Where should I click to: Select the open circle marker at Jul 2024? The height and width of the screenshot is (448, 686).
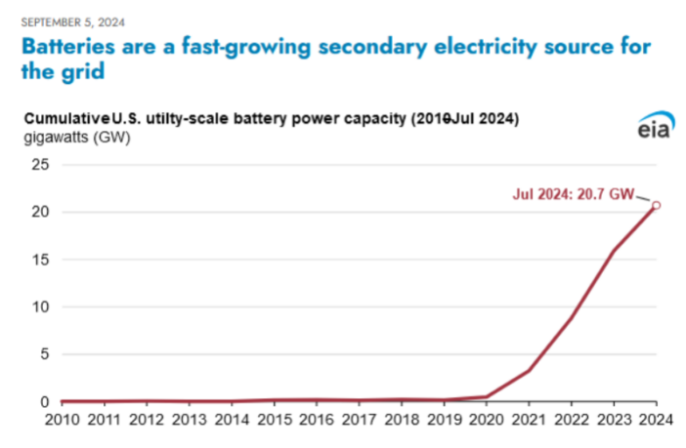click(x=657, y=205)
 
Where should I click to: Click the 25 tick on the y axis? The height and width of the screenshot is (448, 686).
click(x=40, y=165)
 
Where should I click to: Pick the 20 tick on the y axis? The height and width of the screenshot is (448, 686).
click(x=40, y=212)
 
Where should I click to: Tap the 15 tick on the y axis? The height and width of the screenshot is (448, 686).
click(x=40, y=260)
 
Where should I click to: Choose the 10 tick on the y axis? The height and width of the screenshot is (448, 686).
click(x=40, y=306)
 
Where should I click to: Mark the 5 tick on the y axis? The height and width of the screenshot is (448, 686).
click(x=44, y=354)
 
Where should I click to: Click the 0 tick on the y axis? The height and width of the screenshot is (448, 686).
click(x=44, y=401)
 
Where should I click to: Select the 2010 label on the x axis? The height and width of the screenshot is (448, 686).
click(x=61, y=422)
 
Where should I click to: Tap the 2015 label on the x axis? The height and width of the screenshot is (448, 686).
click(x=274, y=422)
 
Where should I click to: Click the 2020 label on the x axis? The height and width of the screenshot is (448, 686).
click(x=487, y=422)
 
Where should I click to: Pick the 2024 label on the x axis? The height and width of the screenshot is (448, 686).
click(x=655, y=422)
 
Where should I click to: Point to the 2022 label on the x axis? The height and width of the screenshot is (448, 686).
click(x=572, y=422)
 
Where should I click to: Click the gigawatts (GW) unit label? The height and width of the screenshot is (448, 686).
click(x=74, y=136)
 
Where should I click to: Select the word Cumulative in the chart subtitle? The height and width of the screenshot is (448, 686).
click(x=61, y=118)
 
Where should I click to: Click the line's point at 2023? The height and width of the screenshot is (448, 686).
click(x=614, y=251)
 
